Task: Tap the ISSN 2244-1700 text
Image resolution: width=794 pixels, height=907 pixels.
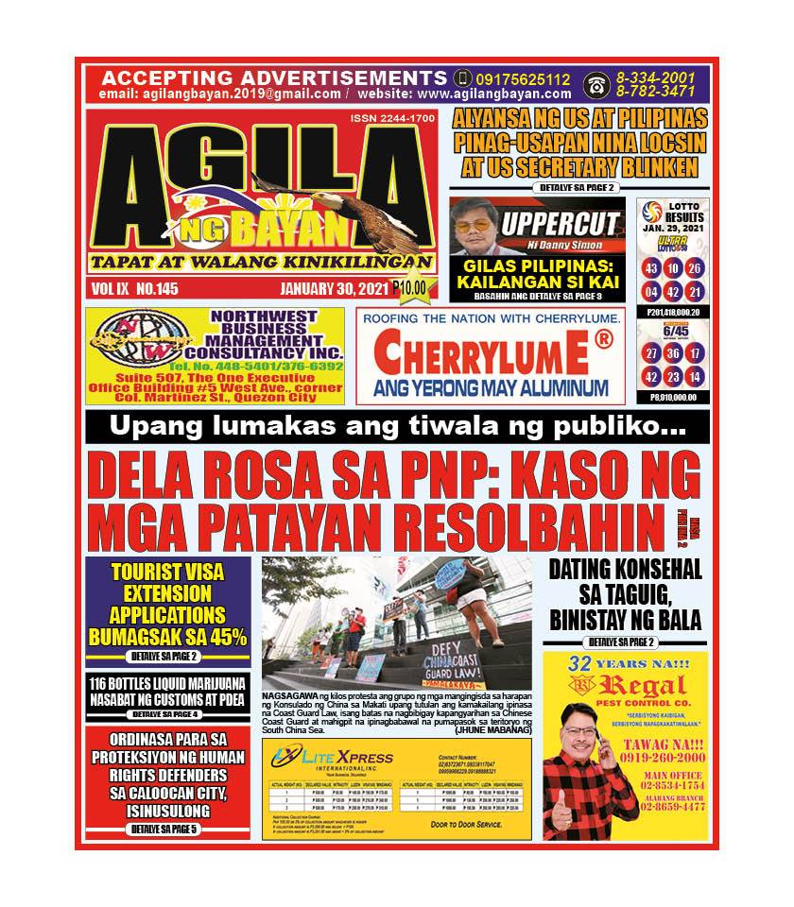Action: (x=392, y=119)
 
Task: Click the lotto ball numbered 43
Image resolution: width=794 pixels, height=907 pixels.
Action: (x=651, y=268)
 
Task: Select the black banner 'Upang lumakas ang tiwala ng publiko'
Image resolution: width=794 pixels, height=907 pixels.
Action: (x=397, y=427)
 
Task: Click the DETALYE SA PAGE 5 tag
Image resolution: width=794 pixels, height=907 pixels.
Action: (x=166, y=829)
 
